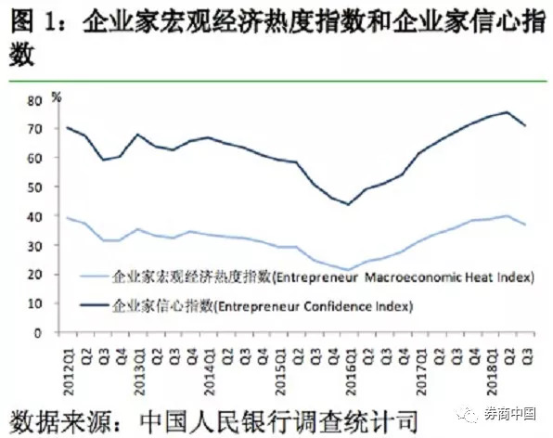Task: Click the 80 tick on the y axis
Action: point(34,101)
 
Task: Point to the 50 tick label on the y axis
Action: point(34,187)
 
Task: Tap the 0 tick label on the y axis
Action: point(38,333)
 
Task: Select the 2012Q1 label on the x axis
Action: point(68,372)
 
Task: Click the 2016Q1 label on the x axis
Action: point(351,372)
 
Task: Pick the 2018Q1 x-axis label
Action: point(492,372)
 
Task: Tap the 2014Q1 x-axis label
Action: point(209,372)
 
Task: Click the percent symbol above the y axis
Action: point(57,97)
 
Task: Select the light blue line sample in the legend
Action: point(94,277)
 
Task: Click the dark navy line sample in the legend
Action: point(94,305)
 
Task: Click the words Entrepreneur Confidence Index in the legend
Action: point(314,306)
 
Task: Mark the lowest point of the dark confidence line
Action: point(349,204)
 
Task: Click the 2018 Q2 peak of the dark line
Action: point(507,112)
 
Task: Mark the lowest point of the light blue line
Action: point(349,270)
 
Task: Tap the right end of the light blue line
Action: point(526,225)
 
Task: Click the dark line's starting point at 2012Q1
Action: point(67,127)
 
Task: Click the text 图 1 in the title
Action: point(34,22)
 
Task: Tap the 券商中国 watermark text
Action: point(510,414)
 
